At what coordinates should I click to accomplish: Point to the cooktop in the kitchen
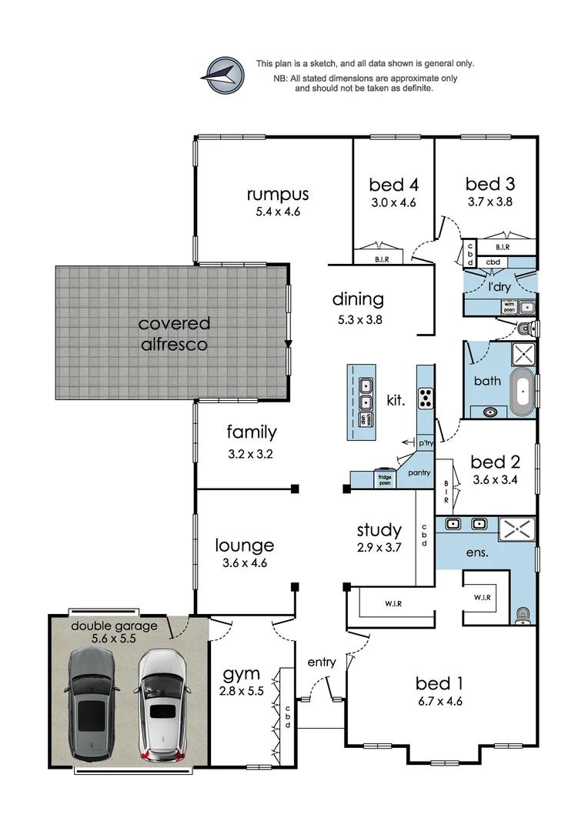pyautogui.click(x=425, y=398)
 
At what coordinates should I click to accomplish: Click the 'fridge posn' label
pyautogui.click(x=384, y=479)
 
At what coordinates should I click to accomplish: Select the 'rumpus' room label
pyautogui.click(x=278, y=193)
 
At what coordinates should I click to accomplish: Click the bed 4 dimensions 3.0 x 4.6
pyautogui.click(x=393, y=203)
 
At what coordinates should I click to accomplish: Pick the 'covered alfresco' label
pyautogui.click(x=174, y=334)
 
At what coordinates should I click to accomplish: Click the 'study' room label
pyautogui.click(x=379, y=529)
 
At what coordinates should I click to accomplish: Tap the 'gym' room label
pyautogui.click(x=242, y=675)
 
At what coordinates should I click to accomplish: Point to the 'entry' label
pyautogui.click(x=322, y=662)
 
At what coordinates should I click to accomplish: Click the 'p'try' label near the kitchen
pyautogui.click(x=426, y=444)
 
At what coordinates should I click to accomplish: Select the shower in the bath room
pyautogui.click(x=523, y=356)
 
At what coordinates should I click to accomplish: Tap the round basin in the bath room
pyautogui.click(x=489, y=411)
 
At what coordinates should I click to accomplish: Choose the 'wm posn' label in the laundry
pyautogui.click(x=509, y=307)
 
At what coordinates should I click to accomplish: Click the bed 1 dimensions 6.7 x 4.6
pyautogui.click(x=439, y=701)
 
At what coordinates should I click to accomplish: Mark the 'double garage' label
pyautogui.click(x=114, y=626)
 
